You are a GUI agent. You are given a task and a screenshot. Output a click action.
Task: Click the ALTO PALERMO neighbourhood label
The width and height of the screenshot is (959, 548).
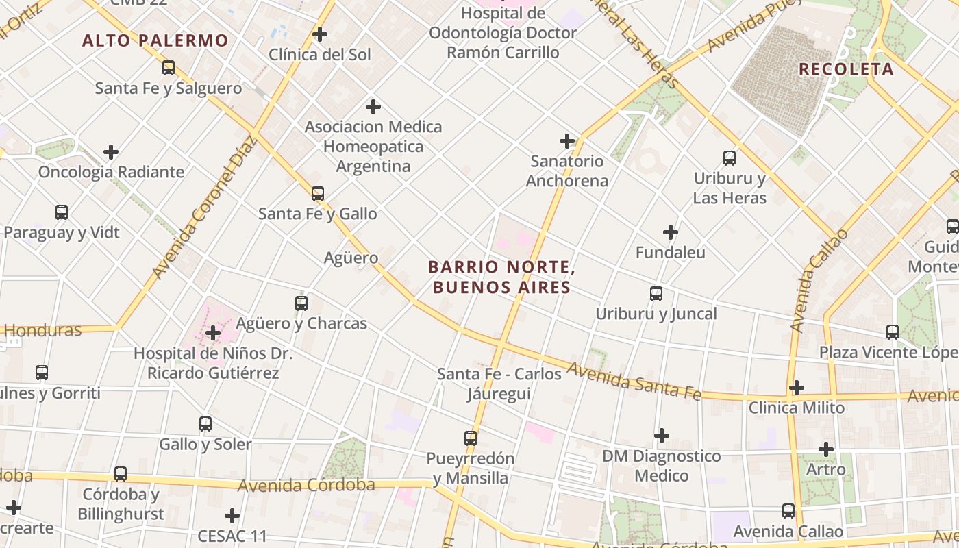[x=155, y=40]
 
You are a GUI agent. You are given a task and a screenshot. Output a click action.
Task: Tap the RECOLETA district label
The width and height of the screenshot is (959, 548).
[x=846, y=69]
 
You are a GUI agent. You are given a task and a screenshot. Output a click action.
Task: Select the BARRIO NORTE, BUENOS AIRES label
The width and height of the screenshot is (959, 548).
[x=500, y=277]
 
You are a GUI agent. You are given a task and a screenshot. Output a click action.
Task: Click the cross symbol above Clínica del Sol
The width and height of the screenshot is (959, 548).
[x=320, y=34]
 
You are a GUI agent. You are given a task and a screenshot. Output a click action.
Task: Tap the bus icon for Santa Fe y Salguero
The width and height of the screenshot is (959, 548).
[x=169, y=68]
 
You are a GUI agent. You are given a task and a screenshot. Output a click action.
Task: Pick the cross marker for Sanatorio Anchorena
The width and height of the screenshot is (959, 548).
[x=567, y=141]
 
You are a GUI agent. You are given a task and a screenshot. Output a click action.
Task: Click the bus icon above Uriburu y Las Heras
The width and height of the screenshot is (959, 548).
[x=730, y=158]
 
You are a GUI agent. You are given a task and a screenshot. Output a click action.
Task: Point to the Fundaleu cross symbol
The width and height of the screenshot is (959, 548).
[x=671, y=232]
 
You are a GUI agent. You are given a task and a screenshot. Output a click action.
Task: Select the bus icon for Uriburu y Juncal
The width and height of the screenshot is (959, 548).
[x=656, y=294]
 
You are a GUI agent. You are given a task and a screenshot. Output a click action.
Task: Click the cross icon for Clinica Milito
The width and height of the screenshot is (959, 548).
[x=796, y=388]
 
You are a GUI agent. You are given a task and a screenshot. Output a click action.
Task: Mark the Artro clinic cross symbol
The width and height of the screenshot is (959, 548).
[x=826, y=449]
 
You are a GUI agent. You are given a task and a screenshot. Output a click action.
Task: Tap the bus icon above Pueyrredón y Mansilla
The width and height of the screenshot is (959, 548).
[x=471, y=438]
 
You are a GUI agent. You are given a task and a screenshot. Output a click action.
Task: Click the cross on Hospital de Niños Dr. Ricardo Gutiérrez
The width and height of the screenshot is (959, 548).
[x=213, y=334]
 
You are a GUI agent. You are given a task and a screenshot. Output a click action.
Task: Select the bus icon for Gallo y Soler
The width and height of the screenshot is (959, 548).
[x=206, y=424]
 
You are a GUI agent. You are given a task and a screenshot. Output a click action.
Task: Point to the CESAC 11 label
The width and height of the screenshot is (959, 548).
[x=232, y=536]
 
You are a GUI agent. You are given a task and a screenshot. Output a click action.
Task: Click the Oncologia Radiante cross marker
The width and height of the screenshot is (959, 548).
[x=111, y=152]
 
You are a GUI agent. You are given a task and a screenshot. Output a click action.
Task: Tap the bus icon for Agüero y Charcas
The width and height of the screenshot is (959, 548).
[x=301, y=303]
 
